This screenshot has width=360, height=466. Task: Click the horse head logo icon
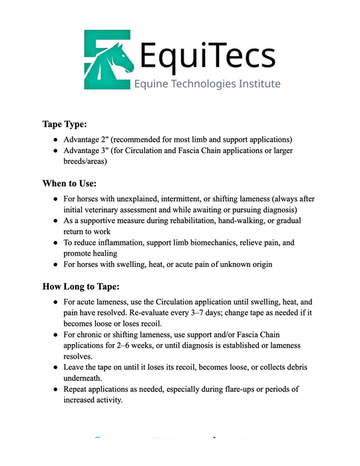(x=109, y=58)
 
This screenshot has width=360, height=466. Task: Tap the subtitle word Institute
(x=256, y=84)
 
